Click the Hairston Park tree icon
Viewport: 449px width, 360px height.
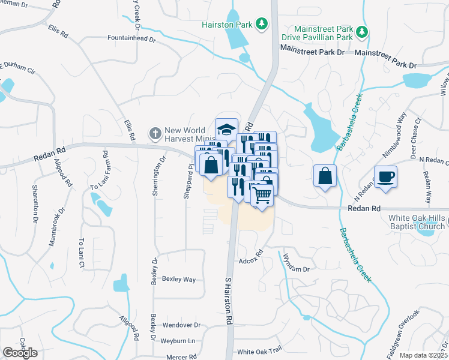pos(261,24)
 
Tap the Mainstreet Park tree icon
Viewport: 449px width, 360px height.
pos(361,31)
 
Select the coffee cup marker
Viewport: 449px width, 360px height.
pos(385,176)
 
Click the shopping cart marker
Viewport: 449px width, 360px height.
pos(262,194)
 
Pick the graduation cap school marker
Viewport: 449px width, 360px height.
pos(226,129)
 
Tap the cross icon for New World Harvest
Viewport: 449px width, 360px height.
pos(155,132)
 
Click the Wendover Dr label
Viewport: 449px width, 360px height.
pos(181,325)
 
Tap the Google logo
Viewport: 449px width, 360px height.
pos(20,353)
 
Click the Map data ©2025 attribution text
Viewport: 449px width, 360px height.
pos(423,355)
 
